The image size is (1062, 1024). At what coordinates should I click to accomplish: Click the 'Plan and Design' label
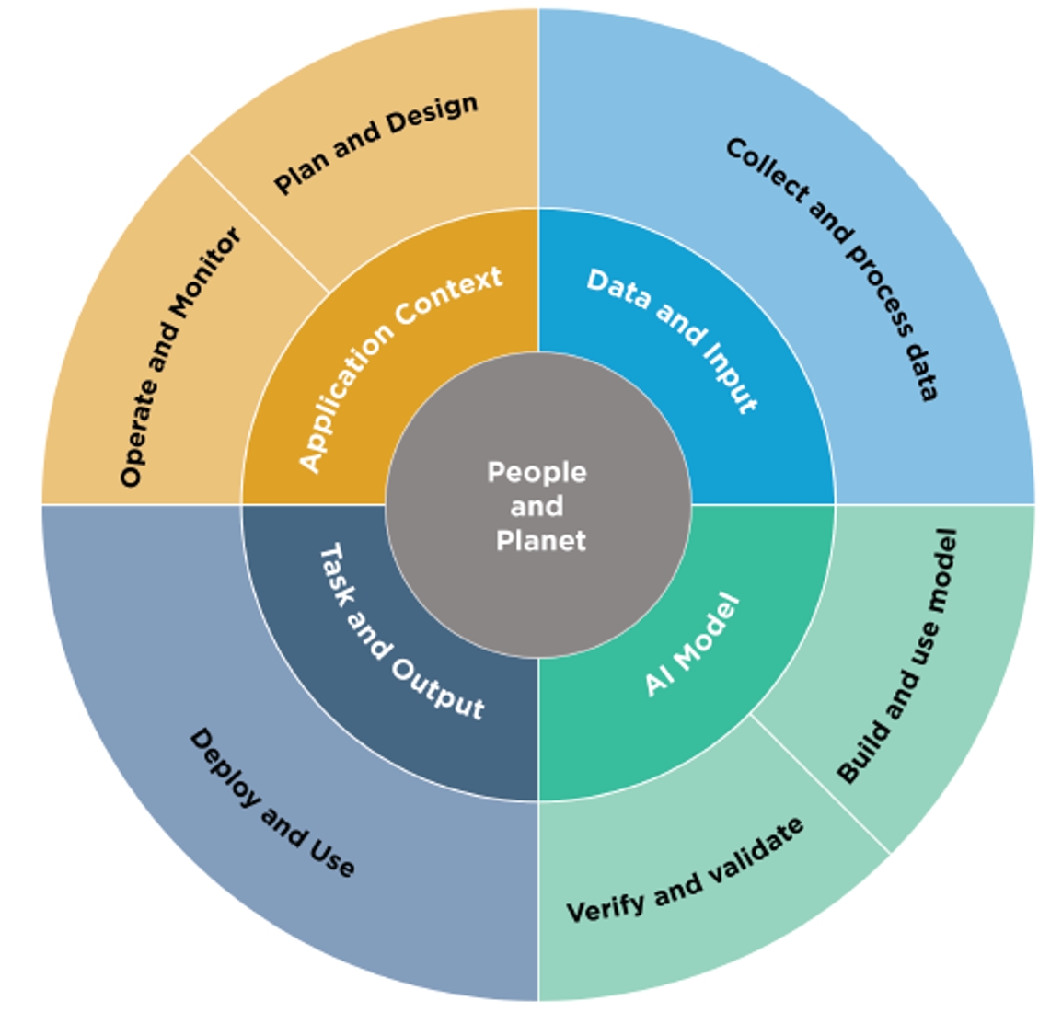[376, 144]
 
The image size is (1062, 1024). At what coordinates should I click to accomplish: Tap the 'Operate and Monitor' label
[181, 357]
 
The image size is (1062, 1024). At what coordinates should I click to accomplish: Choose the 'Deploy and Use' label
[271, 802]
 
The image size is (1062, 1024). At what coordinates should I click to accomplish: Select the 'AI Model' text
[691, 645]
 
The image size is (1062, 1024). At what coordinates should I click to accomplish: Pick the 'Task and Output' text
[400, 632]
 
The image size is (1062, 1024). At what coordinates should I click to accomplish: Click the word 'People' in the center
[537, 472]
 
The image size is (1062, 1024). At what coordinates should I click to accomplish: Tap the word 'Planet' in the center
[540, 540]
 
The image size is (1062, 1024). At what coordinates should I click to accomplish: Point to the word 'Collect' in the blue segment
[768, 171]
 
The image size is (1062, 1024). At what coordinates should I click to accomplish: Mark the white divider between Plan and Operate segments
[260, 223]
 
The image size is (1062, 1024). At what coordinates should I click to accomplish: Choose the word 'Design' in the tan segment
[432, 117]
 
